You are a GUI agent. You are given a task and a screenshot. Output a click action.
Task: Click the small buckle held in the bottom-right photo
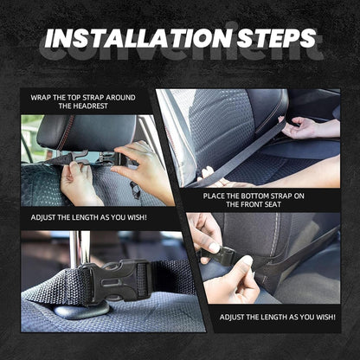point(223,255)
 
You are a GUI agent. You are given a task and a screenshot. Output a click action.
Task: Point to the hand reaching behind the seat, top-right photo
point(312,128)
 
